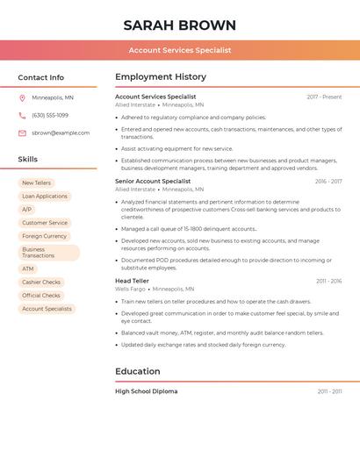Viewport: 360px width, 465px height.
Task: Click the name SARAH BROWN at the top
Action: pyautogui.click(x=179, y=25)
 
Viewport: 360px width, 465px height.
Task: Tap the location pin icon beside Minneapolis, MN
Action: pyautogui.click(x=22, y=97)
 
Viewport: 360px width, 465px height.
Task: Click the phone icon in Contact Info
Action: pyautogui.click(x=22, y=115)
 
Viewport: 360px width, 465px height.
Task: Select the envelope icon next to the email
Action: pyautogui.click(x=22, y=133)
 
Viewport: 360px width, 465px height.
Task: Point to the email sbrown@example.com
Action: pyautogui.click(x=61, y=133)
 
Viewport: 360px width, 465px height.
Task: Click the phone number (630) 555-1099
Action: pyautogui.click(x=50, y=115)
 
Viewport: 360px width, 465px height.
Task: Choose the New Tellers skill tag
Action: pyautogui.click(x=36, y=183)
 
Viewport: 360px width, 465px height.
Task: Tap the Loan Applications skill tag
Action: pyautogui.click(x=45, y=197)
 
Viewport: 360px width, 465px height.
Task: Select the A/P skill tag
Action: pyautogui.click(x=27, y=210)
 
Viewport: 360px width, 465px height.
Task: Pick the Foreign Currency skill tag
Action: pyautogui.click(x=45, y=236)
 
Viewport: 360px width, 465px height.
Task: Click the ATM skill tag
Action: pyautogui.click(x=28, y=268)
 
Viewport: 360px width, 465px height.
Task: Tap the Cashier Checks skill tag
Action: pyautogui.click(x=41, y=283)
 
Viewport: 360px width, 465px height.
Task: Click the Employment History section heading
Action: pyautogui.click(x=161, y=77)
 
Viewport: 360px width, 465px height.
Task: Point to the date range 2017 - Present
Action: pyautogui.click(x=324, y=97)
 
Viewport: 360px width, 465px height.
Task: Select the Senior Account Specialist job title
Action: pyautogui.click(x=153, y=181)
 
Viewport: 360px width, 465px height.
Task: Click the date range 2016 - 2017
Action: pyautogui.click(x=328, y=181)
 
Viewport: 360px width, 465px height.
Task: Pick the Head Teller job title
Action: pyautogui.click(x=133, y=281)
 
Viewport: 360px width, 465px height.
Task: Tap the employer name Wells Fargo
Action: pyautogui.click(x=130, y=289)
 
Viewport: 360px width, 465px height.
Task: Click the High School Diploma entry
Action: pyautogui.click(x=147, y=391)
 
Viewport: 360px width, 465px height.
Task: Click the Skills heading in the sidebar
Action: pyautogui.click(x=28, y=160)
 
